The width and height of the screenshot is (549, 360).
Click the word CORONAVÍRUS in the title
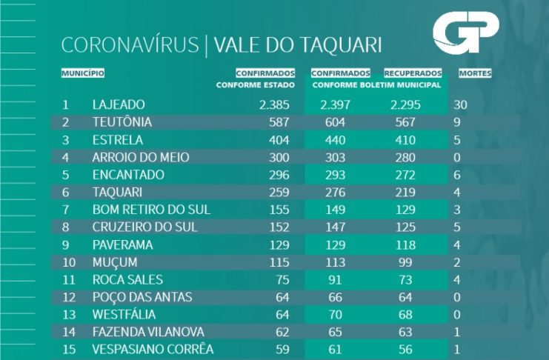pyautogui.click(x=130, y=45)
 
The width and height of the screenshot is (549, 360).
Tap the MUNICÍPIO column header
pyautogui.click(x=82, y=73)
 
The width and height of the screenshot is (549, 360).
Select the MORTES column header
pyautogui.click(x=475, y=73)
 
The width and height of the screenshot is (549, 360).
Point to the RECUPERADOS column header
pyautogui.click(x=413, y=73)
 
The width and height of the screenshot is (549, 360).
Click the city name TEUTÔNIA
pyautogui.click(x=122, y=122)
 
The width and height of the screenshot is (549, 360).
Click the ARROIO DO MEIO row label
pyautogui.click(x=141, y=157)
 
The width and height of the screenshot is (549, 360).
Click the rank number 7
pyautogui.click(x=65, y=210)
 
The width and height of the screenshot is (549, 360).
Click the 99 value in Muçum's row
pyautogui.click(x=410, y=262)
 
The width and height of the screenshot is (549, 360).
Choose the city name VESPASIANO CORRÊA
pyautogui.click(x=153, y=349)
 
